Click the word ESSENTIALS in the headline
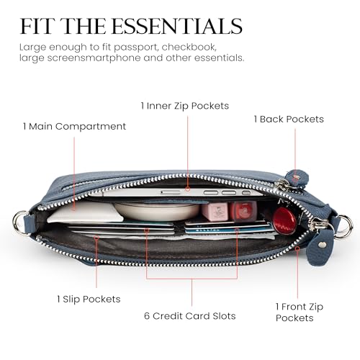(177, 26)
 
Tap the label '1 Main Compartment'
(74, 127)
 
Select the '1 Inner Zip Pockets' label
(185, 106)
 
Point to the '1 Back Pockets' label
(289, 119)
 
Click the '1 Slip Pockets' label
(89, 299)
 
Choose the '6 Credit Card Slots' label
(190, 316)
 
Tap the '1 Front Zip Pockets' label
(300, 312)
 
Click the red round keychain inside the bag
(284, 221)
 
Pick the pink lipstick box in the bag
(215, 212)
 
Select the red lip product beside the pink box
(243, 211)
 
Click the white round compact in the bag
(157, 211)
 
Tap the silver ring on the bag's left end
(19, 222)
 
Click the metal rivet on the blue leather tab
(322, 245)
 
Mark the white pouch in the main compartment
(85, 212)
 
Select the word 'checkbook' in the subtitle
(189, 47)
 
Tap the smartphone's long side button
(171, 192)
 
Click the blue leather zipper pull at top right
(297, 178)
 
